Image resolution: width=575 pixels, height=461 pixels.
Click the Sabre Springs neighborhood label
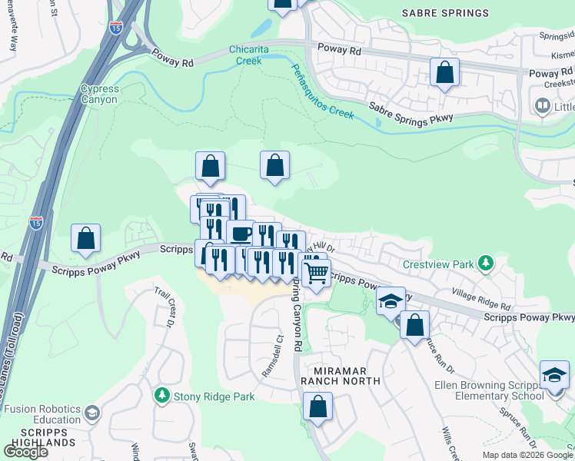tap(445, 13)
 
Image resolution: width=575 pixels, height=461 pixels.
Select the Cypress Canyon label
tap(100, 95)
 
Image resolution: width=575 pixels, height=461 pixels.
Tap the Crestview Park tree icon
tap(485, 264)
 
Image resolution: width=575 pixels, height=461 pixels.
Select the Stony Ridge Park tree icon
tap(162, 396)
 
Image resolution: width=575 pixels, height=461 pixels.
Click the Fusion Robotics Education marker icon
tap(91, 413)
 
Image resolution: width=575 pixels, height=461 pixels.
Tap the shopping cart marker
tap(316, 272)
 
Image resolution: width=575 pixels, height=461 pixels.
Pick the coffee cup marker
tap(241, 232)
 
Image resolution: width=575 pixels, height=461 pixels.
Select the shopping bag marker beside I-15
tap(86, 238)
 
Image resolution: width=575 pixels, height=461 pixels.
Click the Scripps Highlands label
tap(38, 439)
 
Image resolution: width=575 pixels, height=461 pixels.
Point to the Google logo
tap(25, 451)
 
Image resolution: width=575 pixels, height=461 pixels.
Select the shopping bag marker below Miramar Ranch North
tap(317, 406)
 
